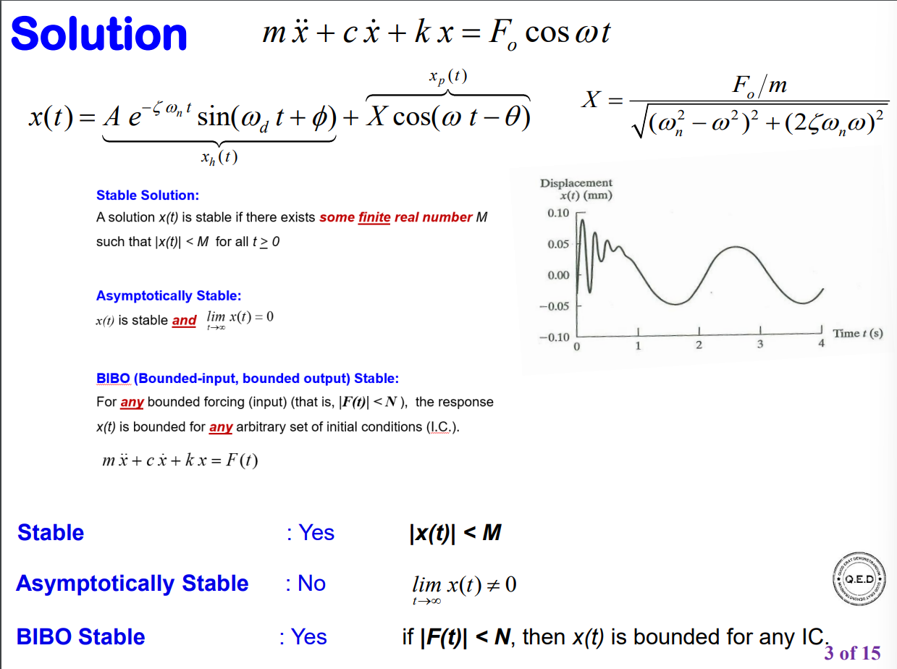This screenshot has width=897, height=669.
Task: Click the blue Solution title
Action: point(99,34)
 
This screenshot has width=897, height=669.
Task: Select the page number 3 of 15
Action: point(852,653)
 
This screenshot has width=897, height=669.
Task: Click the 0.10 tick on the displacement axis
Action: point(558,213)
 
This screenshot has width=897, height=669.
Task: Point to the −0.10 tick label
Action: point(555,337)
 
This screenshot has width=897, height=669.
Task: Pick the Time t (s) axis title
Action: point(858,333)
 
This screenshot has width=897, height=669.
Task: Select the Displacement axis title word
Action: point(576,183)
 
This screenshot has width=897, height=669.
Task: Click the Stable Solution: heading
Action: point(147,195)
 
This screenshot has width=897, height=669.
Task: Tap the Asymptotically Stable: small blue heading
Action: point(168,295)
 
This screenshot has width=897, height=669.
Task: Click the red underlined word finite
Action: point(374,217)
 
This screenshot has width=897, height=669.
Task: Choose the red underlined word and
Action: point(184,320)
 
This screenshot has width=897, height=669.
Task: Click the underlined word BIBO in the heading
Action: point(113,378)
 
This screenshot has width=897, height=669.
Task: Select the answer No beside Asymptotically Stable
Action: point(312,583)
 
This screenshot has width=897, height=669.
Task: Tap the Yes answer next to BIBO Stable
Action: point(309,636)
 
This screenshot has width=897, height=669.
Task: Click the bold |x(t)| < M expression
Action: point(455,533)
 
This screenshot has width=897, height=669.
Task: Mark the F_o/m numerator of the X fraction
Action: point(759,85)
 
